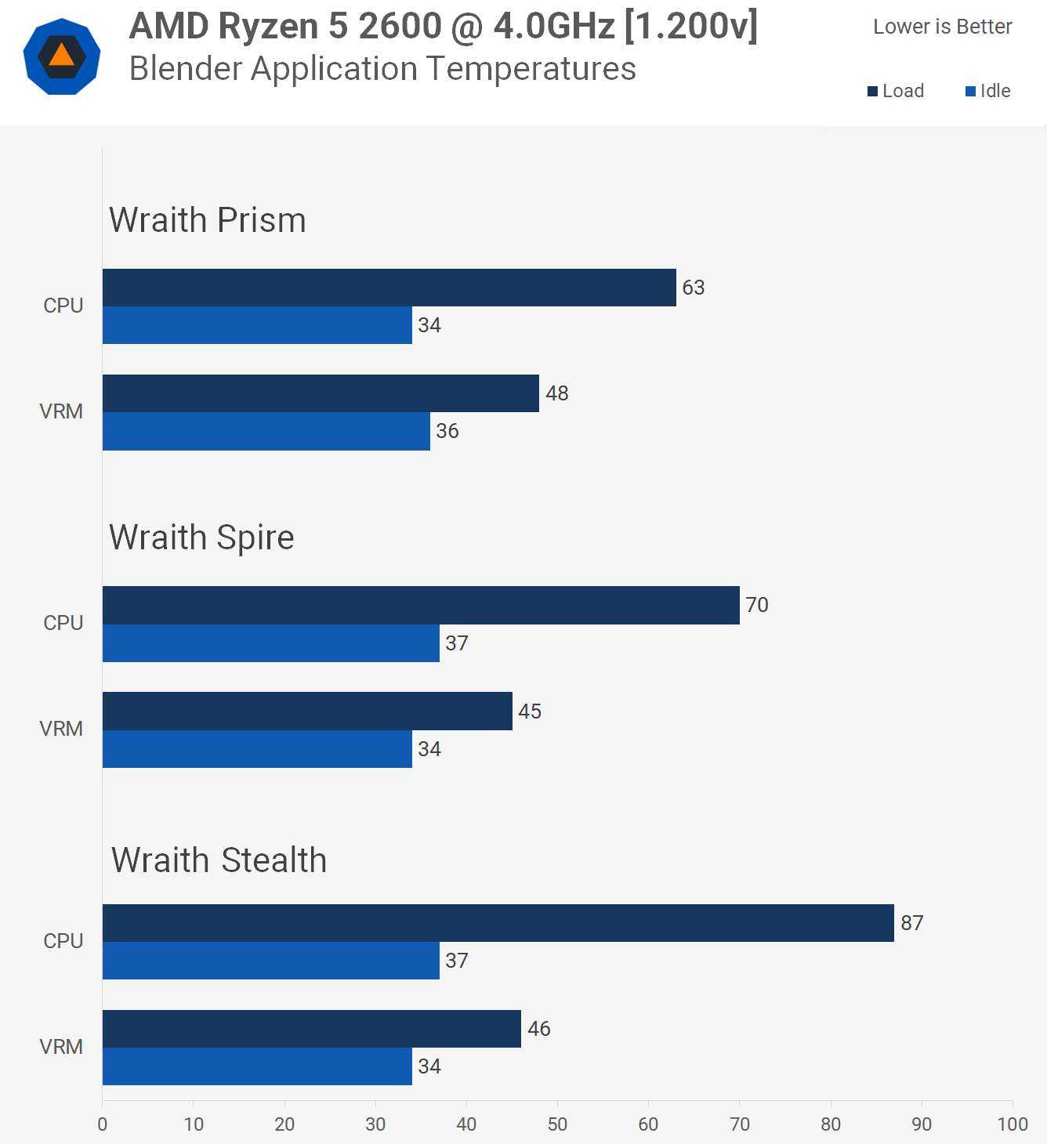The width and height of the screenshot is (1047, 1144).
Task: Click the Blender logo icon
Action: (x=62, y=56)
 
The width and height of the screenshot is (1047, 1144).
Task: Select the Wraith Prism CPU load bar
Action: (x=389, y=288)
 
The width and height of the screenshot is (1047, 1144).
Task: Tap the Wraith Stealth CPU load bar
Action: (x=498, y=923)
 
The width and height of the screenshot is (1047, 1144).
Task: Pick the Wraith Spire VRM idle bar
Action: (x=257, y=749)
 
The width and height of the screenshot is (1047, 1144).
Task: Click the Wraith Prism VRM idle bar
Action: (x=266, y=431)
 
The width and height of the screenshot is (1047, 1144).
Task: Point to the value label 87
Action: (x=911, y=923)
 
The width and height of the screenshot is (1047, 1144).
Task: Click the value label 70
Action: (x=756, y=605)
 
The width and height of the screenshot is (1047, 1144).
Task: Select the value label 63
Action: (x=693, y=288)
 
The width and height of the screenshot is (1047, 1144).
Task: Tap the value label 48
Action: (x=556, y=393)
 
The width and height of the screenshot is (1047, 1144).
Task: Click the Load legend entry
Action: (x=896, y=91)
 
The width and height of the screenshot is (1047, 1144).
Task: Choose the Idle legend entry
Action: (x=988, y=91)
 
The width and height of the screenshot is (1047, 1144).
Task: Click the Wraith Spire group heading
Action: (x=201, y=538)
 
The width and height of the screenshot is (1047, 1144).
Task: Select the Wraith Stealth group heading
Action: (x=219, y=860)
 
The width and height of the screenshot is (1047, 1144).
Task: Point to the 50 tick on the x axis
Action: (x=557, y=1124)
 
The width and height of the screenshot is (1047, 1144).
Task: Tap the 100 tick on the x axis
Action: (x=1012, y=1124)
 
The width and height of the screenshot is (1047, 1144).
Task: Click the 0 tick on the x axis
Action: (x=103, y=1124)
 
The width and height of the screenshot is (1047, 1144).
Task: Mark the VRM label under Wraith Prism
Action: (x=61, y=411)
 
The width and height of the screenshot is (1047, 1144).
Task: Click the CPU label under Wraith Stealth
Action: (x=63, y=941)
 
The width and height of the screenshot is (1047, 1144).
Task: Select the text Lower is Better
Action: (x=942, y=27)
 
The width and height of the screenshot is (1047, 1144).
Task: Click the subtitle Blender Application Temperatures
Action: (x=382, y=69)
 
